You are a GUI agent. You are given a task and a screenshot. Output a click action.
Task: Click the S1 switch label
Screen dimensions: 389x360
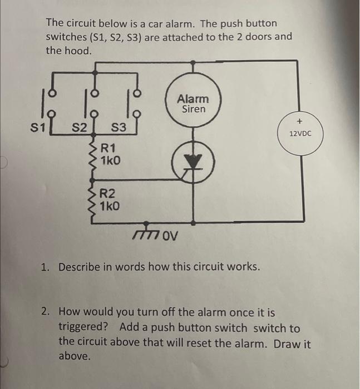click(36, 128)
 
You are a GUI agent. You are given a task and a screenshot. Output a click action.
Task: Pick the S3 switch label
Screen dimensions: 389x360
click(120, 129)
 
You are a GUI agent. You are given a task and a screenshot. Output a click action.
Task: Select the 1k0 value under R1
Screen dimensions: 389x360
click(110, 161)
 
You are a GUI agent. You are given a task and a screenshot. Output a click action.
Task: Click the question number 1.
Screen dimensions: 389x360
click(46, 267)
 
